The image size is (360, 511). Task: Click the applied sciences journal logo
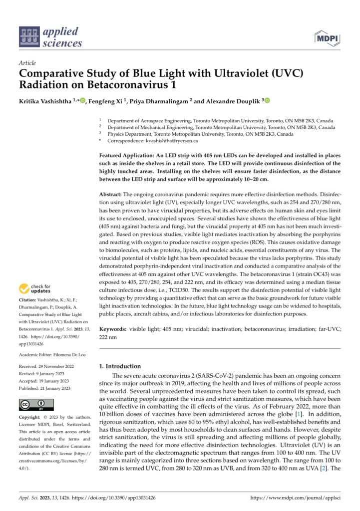[49, 37]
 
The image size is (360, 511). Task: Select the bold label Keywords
[113, 330]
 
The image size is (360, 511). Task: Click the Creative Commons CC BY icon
[31, 404]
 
